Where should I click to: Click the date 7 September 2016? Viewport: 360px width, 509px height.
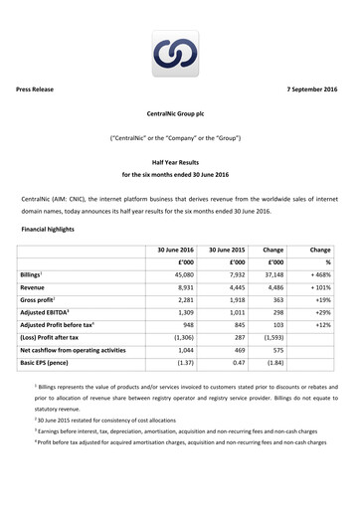[311, 89]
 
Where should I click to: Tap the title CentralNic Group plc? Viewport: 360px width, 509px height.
[179, 114]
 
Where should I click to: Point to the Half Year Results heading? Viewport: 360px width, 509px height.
[179, 161]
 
